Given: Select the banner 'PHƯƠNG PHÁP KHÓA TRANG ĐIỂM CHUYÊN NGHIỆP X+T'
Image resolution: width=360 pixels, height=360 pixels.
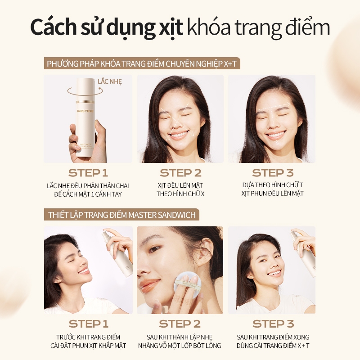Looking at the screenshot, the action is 142,63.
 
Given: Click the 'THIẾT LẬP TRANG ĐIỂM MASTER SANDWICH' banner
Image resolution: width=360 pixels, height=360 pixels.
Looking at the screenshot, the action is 121,215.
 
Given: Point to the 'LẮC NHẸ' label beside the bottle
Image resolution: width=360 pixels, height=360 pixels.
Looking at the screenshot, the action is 110,81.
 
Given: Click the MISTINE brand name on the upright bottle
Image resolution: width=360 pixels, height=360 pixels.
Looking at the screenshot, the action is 85,111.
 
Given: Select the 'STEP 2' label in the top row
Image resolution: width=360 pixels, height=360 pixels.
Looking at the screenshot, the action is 180,173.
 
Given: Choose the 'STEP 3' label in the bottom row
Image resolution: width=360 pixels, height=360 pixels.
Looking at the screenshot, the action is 273,324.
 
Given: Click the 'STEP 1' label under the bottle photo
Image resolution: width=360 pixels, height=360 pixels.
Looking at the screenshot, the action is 88,173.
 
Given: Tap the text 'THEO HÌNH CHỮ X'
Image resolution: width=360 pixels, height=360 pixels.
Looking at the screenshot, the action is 180,194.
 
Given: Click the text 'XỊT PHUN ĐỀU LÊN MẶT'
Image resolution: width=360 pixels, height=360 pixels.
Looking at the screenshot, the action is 272,193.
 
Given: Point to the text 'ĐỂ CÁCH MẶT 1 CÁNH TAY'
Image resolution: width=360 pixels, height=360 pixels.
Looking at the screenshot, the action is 88,194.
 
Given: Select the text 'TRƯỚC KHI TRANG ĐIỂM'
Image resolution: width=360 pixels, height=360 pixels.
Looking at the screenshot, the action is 88,337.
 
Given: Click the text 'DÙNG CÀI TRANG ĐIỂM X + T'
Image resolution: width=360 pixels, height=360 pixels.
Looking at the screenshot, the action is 273,346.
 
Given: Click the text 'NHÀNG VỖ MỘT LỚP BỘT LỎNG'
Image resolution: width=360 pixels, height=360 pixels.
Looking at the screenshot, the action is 180,346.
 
